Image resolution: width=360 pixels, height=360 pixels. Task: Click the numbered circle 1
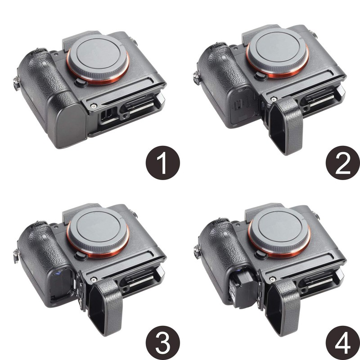click(163, 163)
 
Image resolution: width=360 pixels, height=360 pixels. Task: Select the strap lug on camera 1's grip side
click(17, 84)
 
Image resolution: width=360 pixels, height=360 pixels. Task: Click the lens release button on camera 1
click(80, 82)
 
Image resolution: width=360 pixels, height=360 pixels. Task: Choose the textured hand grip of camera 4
click(220, 252)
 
